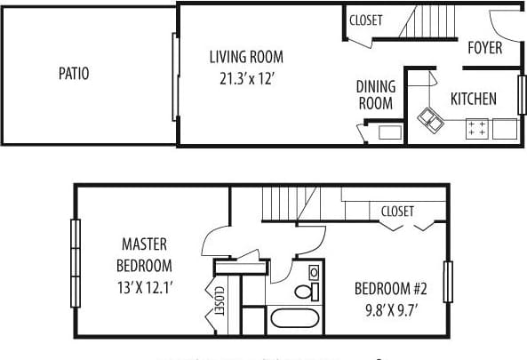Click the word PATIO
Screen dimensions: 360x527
point(73,74)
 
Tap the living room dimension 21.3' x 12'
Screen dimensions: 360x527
point(246,77)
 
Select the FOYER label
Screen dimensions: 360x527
point(484,48)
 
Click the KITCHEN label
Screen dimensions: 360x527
point(473,99)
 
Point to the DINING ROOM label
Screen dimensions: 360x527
point(374,95)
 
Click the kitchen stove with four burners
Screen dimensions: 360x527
point(475,129)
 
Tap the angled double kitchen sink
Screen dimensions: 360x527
point(433,118)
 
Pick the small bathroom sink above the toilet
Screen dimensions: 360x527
point(314,272)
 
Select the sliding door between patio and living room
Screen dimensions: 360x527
point(174,76)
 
